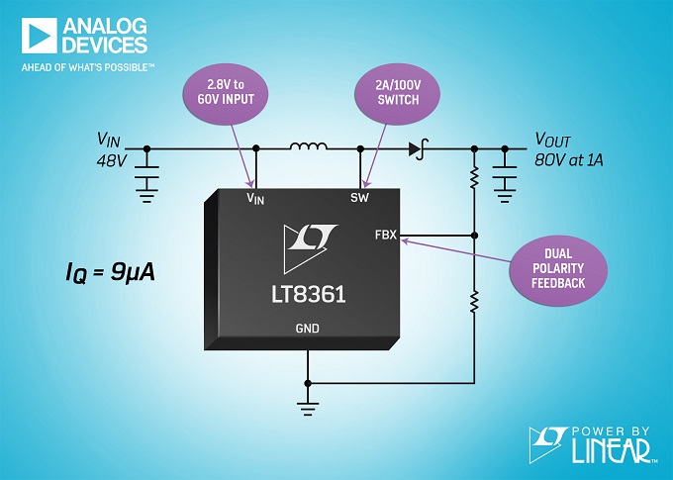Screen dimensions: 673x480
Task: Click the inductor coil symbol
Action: click(308, 146)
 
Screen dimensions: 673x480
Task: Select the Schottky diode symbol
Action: click(419, 149)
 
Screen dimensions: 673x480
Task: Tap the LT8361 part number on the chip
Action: click(308, 295)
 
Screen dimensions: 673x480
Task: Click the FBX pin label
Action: click(385, 236)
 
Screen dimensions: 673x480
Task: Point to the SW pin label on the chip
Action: click(359, 198)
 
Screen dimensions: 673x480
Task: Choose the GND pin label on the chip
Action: click(308, 329)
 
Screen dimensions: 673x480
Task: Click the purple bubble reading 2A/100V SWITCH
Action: click(398, 94)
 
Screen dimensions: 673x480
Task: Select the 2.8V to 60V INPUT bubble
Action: click(226, 94)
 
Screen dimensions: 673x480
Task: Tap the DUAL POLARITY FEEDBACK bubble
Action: click(558, 269)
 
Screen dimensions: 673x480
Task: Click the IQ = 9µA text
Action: click(110, 272)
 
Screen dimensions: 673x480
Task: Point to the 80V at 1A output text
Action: click(569, 160)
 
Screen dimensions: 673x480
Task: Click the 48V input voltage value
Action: click(112, 160)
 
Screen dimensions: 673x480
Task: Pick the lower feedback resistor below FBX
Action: click(474, 302)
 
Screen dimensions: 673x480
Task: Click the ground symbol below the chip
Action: click(308, 409)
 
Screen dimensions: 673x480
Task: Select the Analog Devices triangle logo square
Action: click(39, 36)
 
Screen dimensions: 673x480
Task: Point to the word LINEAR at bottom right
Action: click(611, 450)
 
